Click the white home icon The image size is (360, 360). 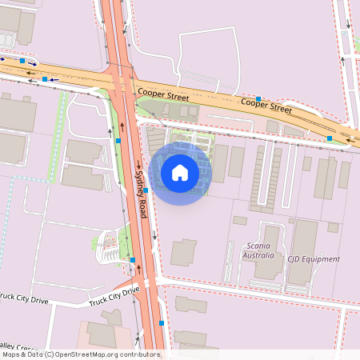[x=180, y=172]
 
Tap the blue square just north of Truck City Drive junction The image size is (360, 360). [x=133, y=259]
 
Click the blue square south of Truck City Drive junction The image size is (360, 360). [x=162, y=323]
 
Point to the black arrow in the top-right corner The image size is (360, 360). [x=342, y=58]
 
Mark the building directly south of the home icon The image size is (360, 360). [x=183, y=253]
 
